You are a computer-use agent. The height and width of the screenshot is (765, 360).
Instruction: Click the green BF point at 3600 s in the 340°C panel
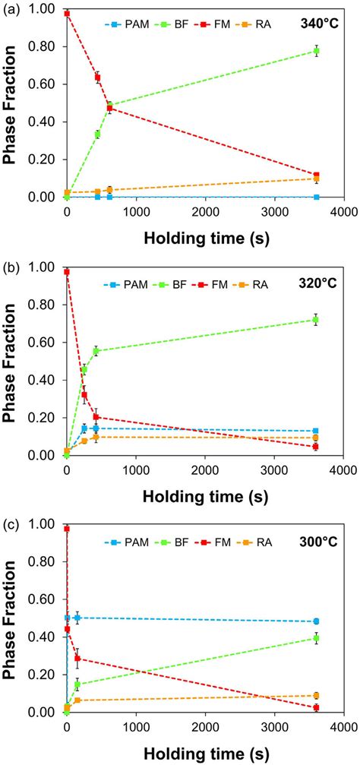click(x=317, y=51)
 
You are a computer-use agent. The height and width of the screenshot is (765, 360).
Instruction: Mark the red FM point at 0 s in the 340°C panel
click(x=67, y=14)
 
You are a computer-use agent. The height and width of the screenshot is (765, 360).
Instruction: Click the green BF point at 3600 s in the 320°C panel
click(x=317, y=320)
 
